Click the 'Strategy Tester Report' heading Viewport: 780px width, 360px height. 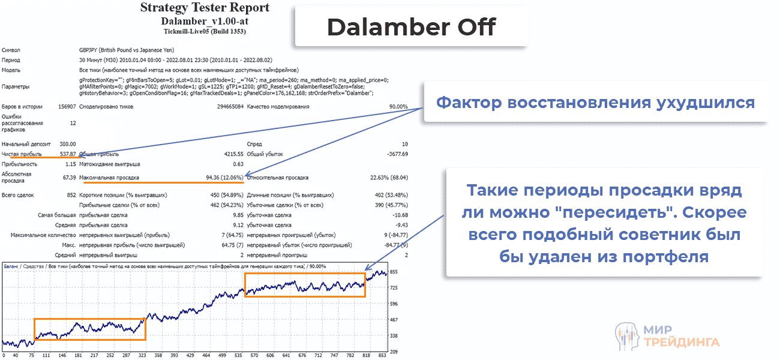(x=205, y=8)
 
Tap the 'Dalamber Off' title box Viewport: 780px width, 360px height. (x=411, y=27)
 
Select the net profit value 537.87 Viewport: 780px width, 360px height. (x=67, y=154)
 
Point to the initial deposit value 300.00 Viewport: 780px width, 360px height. (x=67, y=144)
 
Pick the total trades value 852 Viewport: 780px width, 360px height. (x=70, y=195)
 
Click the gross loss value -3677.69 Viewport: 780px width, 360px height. (x=395, y=154)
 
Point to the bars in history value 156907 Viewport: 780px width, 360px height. (x=66, y=107)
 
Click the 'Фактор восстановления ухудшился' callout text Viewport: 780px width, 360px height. (x=595, y=103)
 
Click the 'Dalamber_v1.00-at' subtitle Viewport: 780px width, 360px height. (x=204, y=21)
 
